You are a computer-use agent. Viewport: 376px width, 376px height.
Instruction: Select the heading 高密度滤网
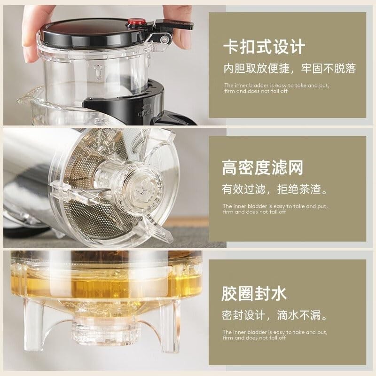pos(262,168)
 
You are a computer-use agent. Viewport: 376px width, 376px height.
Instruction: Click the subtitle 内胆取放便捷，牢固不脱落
pos(289,69)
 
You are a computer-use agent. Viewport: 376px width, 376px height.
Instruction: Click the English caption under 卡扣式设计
pos(275,88)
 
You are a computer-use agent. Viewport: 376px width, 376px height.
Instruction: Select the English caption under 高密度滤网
pos(275,209)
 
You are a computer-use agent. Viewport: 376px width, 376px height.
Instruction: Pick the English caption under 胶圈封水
pos(275,334)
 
